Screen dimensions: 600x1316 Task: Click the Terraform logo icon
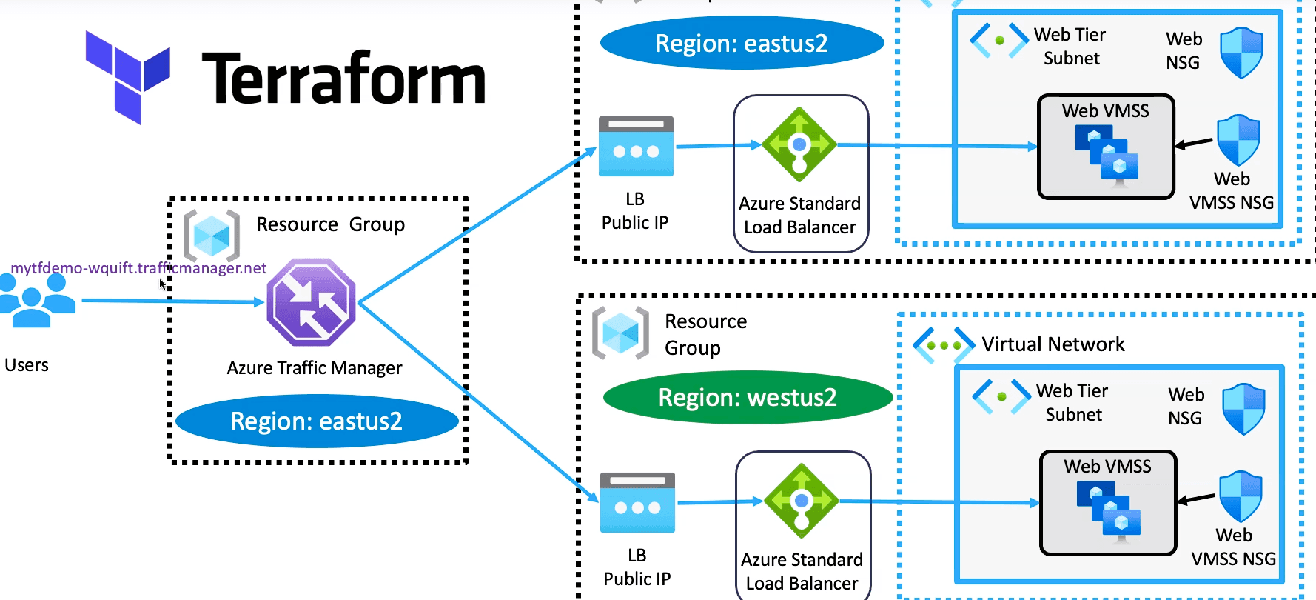point(127,76)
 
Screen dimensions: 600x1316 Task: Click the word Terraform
point(343,79)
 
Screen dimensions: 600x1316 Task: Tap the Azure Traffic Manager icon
point(311,302)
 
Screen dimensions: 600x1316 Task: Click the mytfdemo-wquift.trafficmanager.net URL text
point(138,268)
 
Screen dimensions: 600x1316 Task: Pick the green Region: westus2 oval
point(748,398)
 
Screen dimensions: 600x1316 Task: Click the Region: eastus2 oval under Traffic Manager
point(317,421)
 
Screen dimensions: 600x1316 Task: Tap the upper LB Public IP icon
point(636,146)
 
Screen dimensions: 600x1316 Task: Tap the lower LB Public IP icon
point(637,502)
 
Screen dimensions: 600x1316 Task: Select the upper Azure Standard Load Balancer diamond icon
point(799,144)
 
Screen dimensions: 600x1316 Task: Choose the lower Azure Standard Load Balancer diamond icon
point(801,501)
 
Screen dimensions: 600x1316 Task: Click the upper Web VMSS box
point(1106,147)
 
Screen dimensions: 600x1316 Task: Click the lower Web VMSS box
point(1108,503)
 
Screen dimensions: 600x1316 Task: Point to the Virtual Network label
point(1053,344)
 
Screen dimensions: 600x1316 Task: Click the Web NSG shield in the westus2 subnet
point(1243,408)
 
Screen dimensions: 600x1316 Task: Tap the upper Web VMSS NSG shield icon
point(1238,140)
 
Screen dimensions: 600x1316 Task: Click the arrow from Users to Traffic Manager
point(170,301)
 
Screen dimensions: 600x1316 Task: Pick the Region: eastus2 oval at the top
point(742,44)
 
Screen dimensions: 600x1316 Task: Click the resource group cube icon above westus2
point(620,333)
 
